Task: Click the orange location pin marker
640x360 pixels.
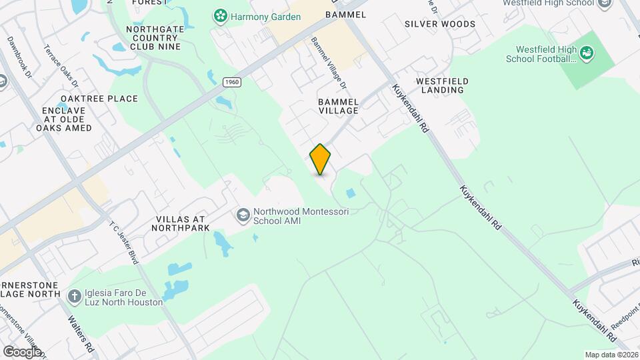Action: pyautogui.click(x=321, y=159)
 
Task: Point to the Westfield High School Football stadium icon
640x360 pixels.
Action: pyautogui.click(x=587, y=53)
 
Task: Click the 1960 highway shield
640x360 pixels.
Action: pyautogui.click(x=231, y=81)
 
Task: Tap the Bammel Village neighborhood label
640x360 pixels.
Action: pyautogui.click(x=339, y=106)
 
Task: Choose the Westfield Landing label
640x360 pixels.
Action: pyautogui.click(x=442, y=85)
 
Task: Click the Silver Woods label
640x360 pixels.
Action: pyautogui.click(x=440, y=24)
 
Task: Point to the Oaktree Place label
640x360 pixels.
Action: pyautogui.click(x=99, y=99)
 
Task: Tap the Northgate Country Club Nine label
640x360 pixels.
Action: pyautogui.click(x=154, y=38)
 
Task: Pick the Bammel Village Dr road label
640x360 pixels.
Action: pyautogui.click(x=329, y=63)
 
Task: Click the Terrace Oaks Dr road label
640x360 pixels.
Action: pyautogui.click(x=61, y=65)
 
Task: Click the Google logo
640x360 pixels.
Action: pyautogui.click(x=21, y=351)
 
